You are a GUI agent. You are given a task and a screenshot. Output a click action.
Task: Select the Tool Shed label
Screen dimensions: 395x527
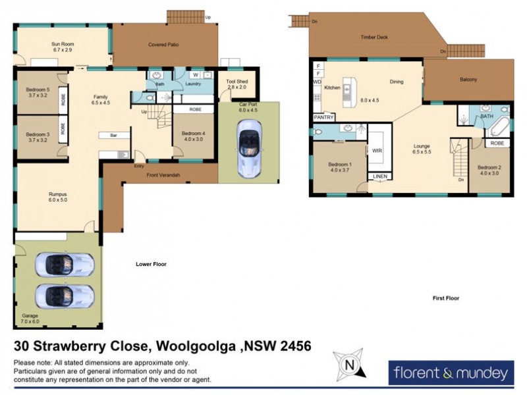[x=236, y=84]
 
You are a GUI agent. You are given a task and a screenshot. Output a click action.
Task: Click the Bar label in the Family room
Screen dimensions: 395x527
[x=105, y=136]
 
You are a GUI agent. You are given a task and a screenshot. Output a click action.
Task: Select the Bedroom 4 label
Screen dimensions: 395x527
[x=194, y=136]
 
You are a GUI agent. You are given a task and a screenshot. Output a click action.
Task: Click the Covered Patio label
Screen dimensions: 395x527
[x=163, y=45]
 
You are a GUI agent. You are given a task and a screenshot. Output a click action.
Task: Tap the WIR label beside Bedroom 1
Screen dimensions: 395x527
[x=378, y=151]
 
